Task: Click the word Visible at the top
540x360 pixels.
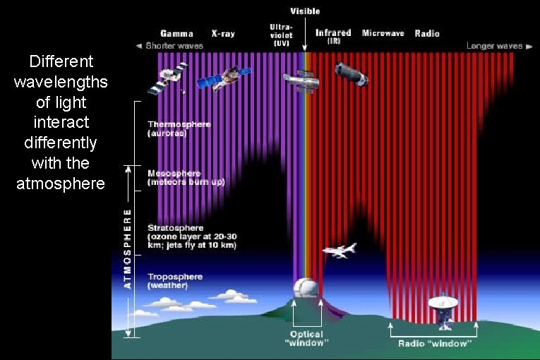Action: coord(305,11)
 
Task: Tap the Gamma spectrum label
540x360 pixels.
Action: coord(176,33)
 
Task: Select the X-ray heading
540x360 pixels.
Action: coord(224,33)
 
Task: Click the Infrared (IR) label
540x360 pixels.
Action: coord(333,36)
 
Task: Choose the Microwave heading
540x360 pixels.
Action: coord(383,33)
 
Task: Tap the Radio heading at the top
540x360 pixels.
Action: coord(427,33)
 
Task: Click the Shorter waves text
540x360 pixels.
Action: coord(174,46)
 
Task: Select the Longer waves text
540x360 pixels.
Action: coord(494,46)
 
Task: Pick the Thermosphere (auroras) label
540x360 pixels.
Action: coord(179,128)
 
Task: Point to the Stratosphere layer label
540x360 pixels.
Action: coord(191,236)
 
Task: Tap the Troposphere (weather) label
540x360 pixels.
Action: coord(174,281)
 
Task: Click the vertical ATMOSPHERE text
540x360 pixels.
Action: coord(127,247)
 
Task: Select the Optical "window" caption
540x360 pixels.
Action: coord(307,338)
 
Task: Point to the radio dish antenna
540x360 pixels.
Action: coord(444,308)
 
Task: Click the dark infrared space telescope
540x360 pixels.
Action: coord(351,73)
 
